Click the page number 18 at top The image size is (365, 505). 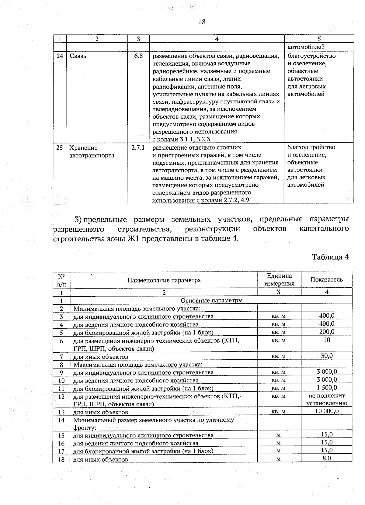(x=202, y=22)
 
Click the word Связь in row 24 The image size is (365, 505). (x=78, y=56)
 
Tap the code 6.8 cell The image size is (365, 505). (x=138, y=56)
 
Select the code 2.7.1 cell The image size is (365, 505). (x=138, y=148)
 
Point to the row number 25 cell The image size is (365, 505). (x=60, y=148)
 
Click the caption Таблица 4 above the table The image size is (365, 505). (x=330, y=257)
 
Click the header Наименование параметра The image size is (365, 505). (x=164, y=280)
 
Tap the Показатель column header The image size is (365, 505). (x=326, y=279)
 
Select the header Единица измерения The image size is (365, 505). (x=279, y=279)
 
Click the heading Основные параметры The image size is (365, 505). (x=211, y=300)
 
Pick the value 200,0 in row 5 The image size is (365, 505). (x=327, y=332)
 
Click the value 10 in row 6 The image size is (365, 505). (x=327, y=340)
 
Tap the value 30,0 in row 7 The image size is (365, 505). (x=327, y=356)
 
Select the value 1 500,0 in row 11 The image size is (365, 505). (x=327, y=388)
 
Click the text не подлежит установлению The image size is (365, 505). (x=327, y=400)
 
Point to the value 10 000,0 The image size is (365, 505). (x=327, y=411)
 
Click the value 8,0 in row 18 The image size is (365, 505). (x=327, y=458)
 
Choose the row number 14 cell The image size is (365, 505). (x=61, y=420)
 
